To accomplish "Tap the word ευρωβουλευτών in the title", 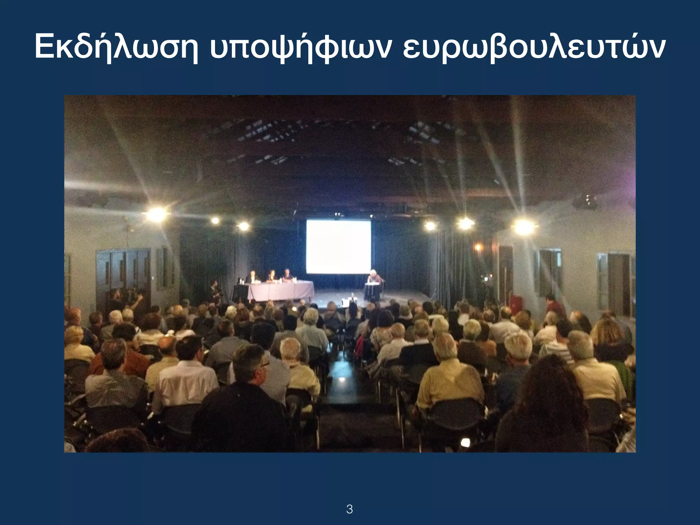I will pos(533,48).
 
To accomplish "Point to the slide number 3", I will pos(349,500).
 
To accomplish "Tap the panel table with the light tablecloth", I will pos(280,291).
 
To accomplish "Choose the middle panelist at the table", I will pos(272,276).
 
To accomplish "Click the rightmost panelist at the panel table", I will pos(287,275).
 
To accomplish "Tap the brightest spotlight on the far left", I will pos(157,214).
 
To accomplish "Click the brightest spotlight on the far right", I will pos(524,226).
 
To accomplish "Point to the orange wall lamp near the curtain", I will pos(478,246).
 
